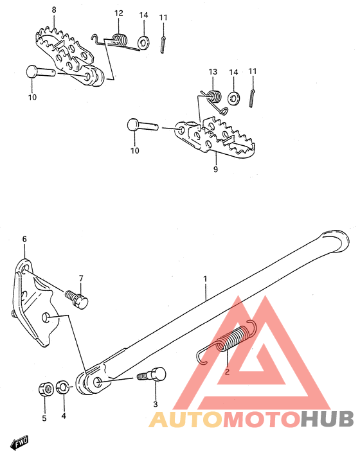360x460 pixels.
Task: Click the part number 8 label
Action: click(53, 10)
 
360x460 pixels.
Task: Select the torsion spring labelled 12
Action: click(118, 40)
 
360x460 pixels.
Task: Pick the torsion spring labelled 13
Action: click(214, 97)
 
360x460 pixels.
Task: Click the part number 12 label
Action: click(118, 13)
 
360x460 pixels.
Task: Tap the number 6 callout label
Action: click(24, 239)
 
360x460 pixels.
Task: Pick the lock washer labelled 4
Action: click(62, 387)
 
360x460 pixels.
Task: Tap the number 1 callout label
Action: click(205, 279)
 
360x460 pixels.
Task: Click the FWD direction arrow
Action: click(19, 443)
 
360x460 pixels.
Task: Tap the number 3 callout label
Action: click(155, 404)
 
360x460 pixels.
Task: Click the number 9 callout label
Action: click(215, 170)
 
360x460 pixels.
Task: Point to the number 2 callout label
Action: click(226, 371)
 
